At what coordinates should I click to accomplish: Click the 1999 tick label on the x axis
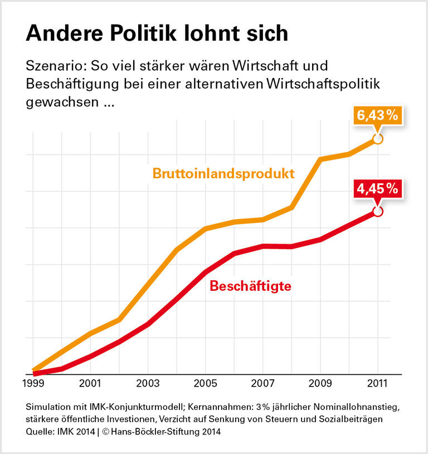tap(33, 384)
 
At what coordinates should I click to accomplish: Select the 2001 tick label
tap(90, 384)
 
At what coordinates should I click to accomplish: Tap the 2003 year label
tap(148, 384)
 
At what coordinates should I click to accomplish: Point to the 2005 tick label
tap(205, 384)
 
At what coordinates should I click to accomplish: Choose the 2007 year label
tap(262, 384)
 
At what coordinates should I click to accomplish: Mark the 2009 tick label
tap(320, 384)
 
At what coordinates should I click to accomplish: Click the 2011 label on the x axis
tap(377, 384)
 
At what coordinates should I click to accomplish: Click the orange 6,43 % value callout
tap(377, 116)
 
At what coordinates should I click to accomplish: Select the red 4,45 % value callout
tap(377, 189)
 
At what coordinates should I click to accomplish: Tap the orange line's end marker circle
tap(377, 139)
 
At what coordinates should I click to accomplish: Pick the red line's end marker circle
tap(378, 212)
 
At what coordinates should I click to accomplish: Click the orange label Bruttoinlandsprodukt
tap(223, 173)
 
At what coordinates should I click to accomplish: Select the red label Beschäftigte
tap(251, 287)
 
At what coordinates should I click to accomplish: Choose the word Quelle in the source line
tap(39, 431)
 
